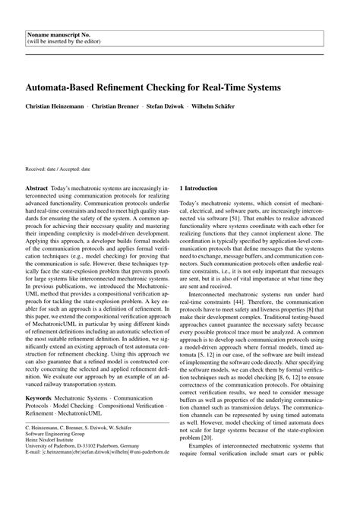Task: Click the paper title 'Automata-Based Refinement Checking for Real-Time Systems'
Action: click(x=153, y=87)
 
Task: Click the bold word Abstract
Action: click(x=37, y=186)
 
